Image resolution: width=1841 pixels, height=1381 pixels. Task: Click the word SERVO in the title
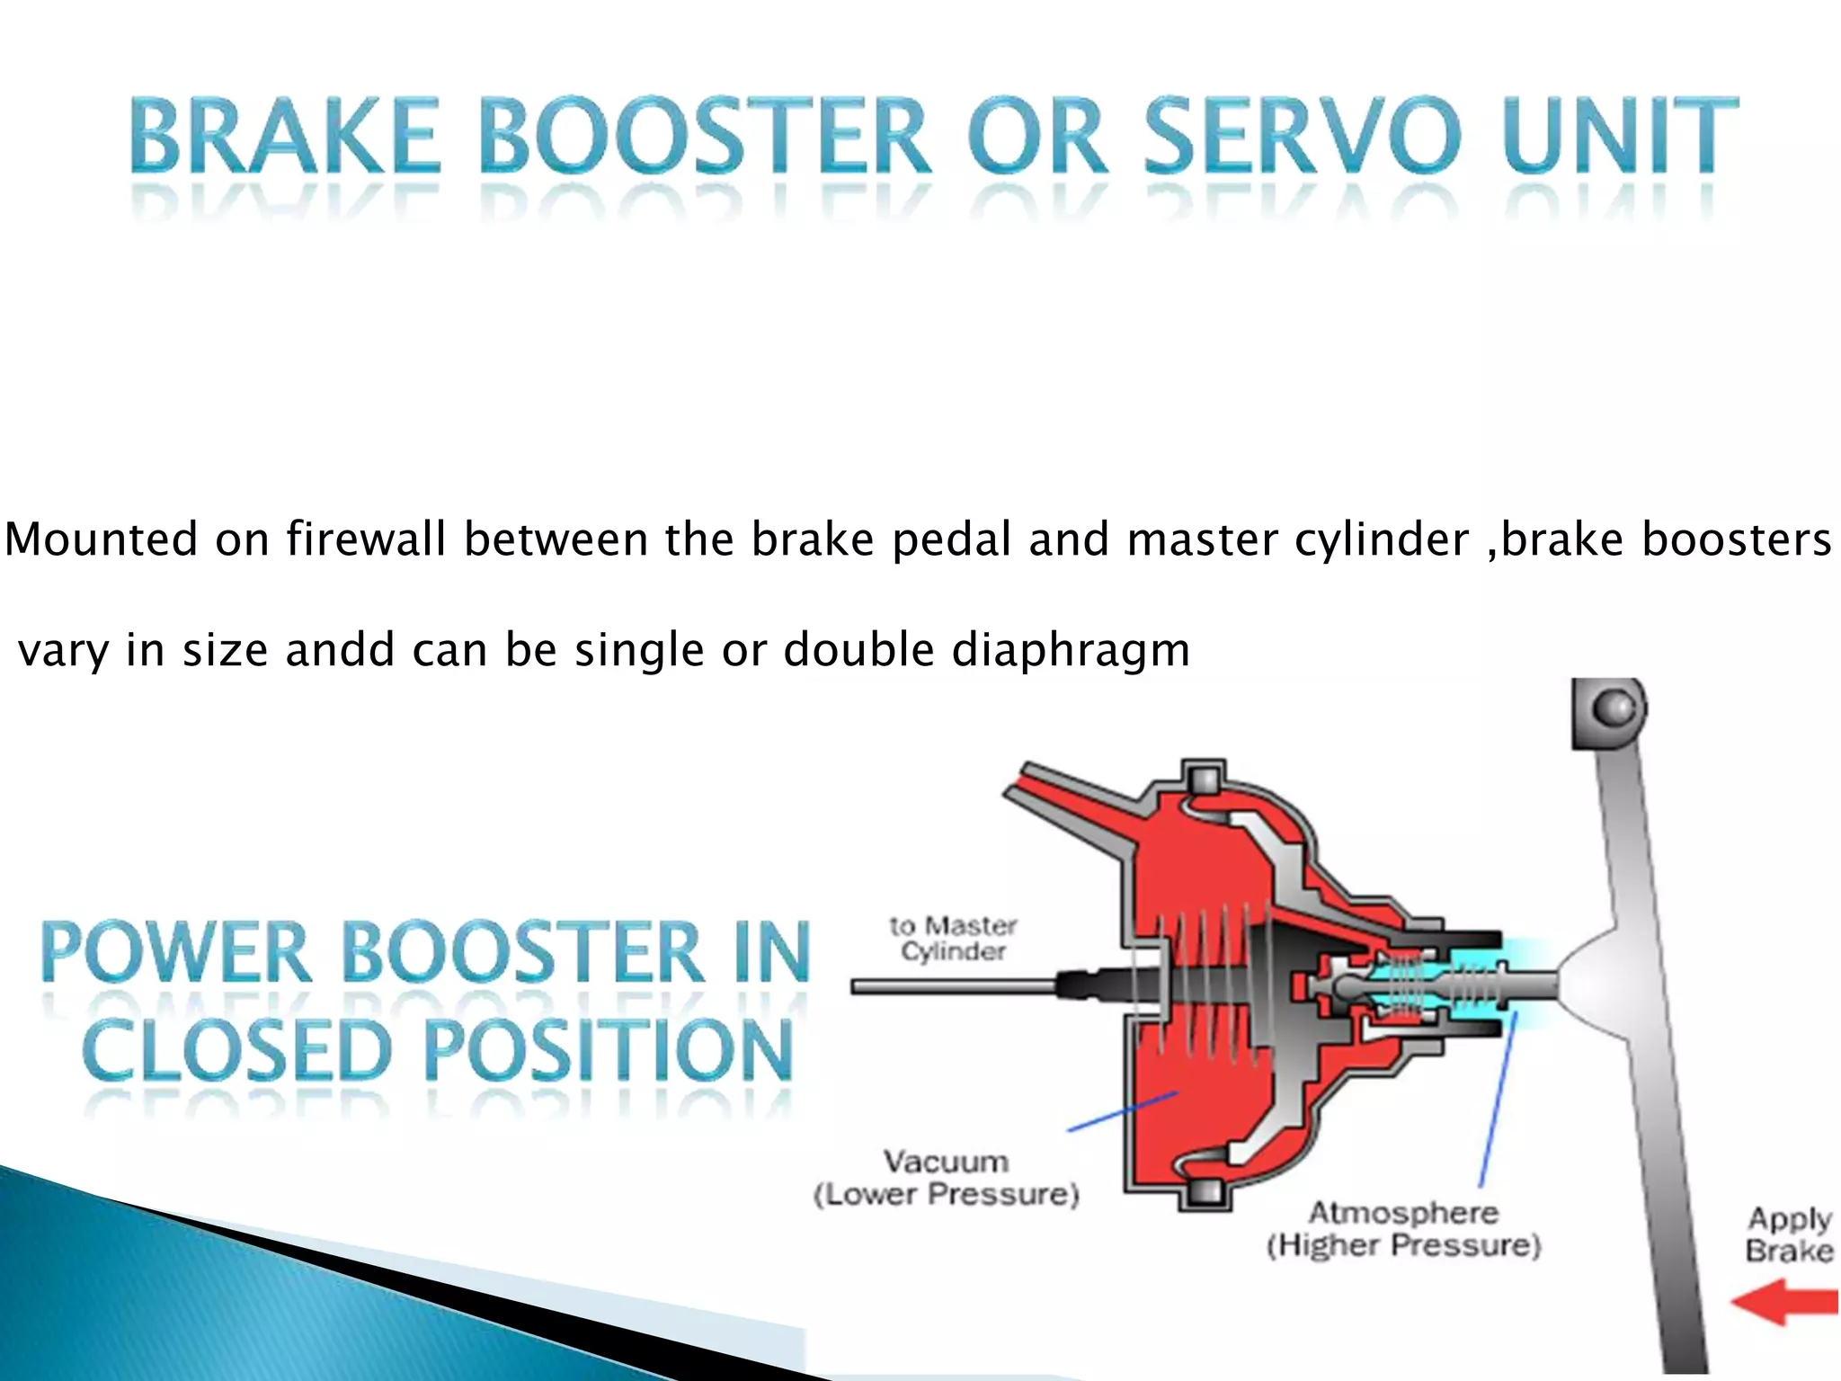1302,137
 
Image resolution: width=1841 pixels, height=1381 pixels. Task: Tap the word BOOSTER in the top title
703,137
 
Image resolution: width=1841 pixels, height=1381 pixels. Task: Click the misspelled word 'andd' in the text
340,649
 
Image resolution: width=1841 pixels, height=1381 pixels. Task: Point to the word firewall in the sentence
366,539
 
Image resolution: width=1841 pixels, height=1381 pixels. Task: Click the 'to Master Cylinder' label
953,938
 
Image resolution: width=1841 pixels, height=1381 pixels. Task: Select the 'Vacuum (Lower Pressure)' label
946,1178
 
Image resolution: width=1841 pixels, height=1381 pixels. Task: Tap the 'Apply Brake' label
1789,1234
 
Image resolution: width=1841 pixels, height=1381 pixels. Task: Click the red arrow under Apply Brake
1785,1305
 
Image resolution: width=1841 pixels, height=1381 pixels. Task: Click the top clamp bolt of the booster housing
1204,778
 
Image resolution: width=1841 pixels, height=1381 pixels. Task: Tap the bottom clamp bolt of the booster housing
1204,1191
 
